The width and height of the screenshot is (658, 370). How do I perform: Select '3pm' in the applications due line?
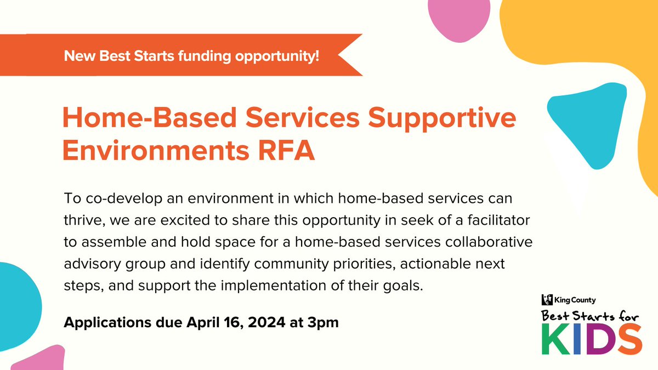[x=323, y=322]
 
